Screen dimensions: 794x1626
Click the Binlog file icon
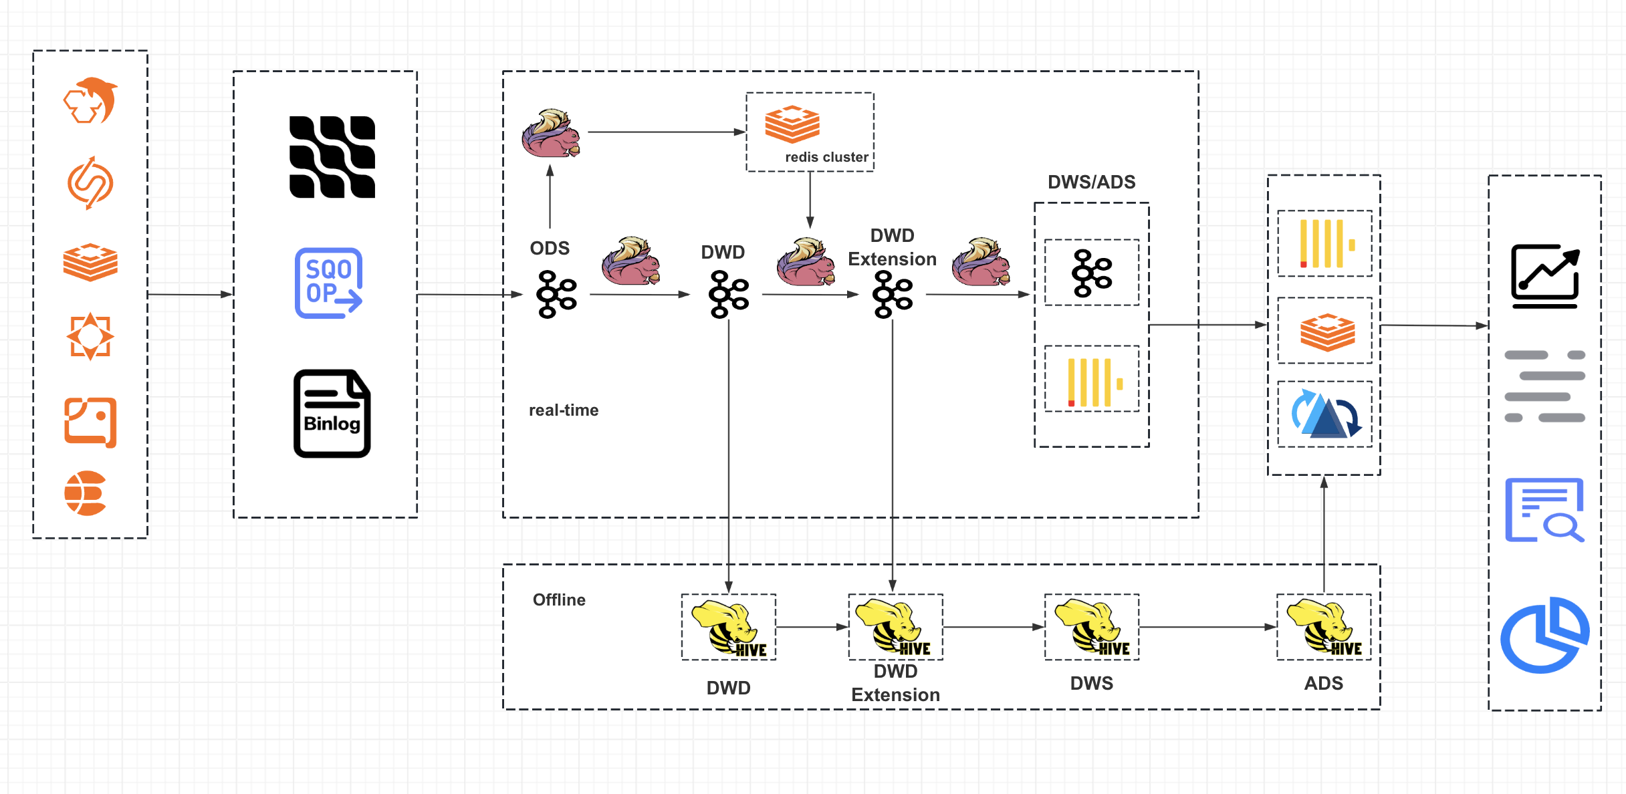tap(332, 413)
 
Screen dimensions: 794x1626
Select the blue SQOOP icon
tap(329, 283)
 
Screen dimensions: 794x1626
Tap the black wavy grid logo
tap(332, 157)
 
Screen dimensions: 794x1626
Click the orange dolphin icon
tap(91, 100)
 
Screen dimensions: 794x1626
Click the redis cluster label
tap(826, 157)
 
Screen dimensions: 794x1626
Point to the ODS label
tap(550, 248)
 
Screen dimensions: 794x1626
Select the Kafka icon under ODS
tap(556, 294)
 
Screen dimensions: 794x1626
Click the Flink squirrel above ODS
tap(551, 134)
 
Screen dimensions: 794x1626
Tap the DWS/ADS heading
tap(1091, 182)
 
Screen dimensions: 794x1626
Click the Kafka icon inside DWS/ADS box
tap(1091, 273)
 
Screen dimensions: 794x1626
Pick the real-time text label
tap(564, 410)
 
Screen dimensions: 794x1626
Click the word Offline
tap(559, 600)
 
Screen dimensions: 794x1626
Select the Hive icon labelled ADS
tap(1324, 627)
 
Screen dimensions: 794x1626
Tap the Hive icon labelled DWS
tap(1091, 627)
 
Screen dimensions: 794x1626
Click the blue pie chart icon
tap(1544, 635)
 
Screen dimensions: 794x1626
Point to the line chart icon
tap(1545, 276)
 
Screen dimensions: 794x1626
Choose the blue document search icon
tap(1544, 509)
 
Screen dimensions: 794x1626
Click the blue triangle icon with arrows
tap(1325, 414)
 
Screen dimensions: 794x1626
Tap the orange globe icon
tap(86, 493)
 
